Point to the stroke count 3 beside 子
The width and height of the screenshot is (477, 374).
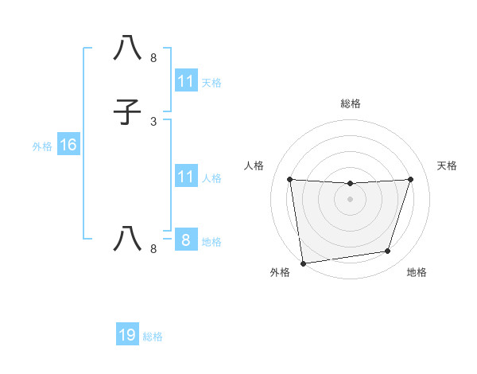click(153, 122)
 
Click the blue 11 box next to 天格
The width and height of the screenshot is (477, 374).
click(185, 81)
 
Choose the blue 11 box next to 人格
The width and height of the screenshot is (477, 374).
click(185, 177)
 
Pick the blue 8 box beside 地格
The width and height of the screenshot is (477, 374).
click(185, 240)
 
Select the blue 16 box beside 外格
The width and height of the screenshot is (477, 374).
click(68, 145)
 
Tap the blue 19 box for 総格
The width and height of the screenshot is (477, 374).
click(127, 335)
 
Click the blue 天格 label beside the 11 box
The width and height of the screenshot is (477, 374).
click(211, 83)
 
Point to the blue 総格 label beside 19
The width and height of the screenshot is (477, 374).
click(153, 337)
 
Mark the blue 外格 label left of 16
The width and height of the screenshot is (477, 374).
click(42, 146)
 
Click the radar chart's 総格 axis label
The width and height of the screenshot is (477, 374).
click(351, 103)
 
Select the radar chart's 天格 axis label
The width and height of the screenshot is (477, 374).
click(447, 166)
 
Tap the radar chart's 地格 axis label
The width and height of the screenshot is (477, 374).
click(417, 272)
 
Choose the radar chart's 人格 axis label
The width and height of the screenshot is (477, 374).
click(254, 166)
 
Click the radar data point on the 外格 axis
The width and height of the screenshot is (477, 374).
click(303, 263)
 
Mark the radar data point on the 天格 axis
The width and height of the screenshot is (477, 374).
click(411, 179)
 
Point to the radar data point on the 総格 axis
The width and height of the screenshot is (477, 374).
click(350, 184)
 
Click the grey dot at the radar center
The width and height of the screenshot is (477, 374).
click(350, 199)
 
